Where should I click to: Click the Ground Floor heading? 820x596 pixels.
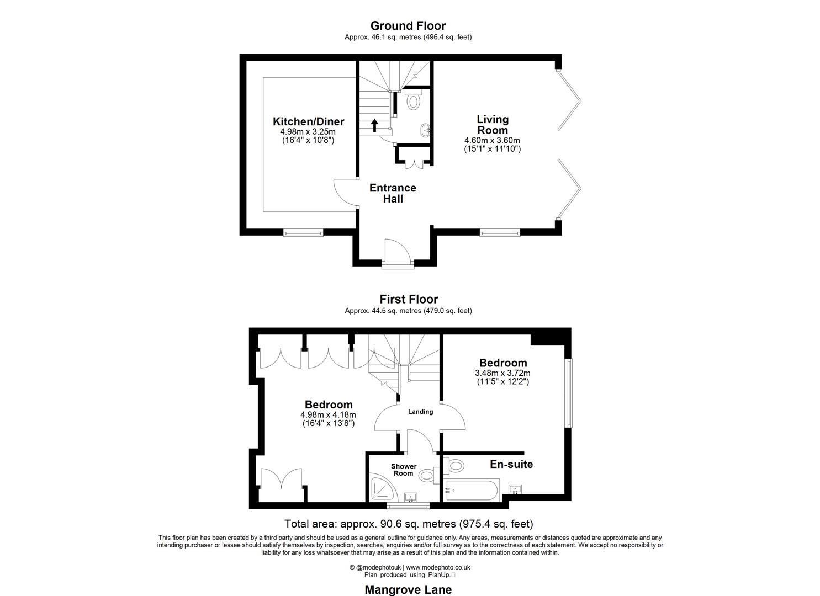[408, 26]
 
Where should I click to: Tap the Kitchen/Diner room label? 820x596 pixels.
[308, 122]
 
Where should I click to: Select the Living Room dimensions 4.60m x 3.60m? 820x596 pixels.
[492, 141]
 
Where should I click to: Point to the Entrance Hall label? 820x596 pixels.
[393, 193]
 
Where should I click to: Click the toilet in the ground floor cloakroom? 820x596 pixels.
[413, 102]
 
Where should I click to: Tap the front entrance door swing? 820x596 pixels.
[396, 251]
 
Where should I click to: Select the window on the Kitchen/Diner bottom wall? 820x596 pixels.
[303, 233]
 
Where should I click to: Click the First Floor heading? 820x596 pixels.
[408, 300]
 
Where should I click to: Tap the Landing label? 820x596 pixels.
[420, 412]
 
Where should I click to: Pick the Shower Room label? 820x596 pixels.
[403, 470]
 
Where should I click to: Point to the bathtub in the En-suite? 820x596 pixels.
[472, 490]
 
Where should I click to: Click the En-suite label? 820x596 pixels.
[511, 465]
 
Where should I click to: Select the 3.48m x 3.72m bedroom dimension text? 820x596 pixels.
[502, 373]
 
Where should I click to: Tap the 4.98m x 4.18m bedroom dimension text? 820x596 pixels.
[328, 415]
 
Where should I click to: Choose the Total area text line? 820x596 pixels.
[409, 524]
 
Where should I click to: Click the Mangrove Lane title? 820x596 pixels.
[408, 589]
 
